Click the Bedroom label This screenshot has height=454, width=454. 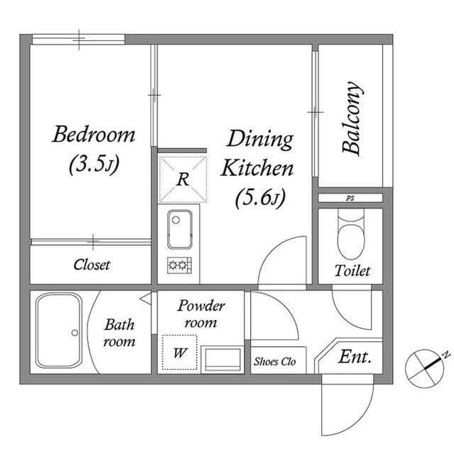93,135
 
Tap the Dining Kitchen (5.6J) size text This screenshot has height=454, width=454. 260,199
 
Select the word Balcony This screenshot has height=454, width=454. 352,120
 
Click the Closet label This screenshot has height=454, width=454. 92,265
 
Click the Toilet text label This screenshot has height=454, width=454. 352,271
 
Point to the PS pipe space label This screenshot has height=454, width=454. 350,199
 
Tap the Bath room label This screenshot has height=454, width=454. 119,333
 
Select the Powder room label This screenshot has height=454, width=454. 201,314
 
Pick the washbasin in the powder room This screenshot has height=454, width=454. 221,359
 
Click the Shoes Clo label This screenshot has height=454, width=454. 274,360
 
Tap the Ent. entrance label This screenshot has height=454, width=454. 355,357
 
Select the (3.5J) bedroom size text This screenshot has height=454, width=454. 93,165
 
